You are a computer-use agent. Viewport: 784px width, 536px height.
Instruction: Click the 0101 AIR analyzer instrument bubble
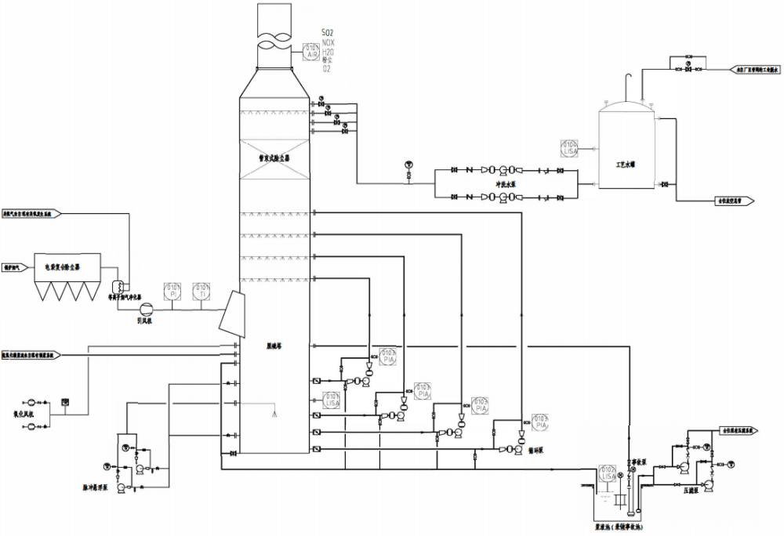[x=311, y=52]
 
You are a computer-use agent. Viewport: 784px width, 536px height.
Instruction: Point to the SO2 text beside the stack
[x=328, y=33]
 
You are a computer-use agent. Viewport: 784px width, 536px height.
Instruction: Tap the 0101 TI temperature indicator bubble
[x=201, y=291]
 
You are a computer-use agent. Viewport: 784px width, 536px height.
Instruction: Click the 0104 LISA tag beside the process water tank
[x=569, y=147]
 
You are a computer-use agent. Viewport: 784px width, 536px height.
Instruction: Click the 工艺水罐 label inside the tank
[x=625, y=165]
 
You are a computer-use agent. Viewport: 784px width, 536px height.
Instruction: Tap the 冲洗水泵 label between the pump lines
[x=506, y=184]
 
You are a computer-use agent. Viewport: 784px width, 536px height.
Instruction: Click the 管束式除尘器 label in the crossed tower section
[x=275, y=158]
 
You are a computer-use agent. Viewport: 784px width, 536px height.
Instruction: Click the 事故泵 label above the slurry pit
[x=635, y=462]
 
